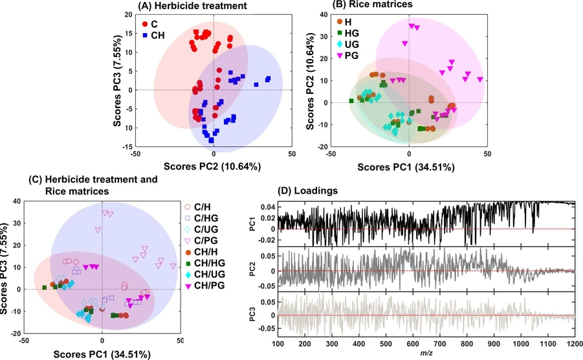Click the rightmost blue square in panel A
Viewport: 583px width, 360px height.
tap(267, 79)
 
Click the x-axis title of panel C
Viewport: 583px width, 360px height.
tap(102, 354)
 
